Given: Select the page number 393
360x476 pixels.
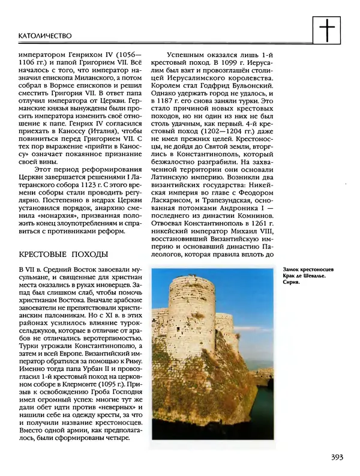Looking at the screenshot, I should click(x=336, y=457).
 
